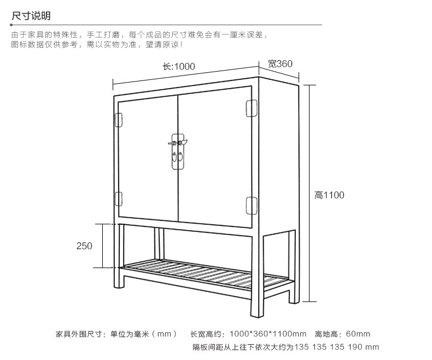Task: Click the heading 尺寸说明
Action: coord(31,15)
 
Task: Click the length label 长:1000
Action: coord(179,67)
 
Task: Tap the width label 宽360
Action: coord(280,63)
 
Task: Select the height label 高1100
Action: coord(329,195)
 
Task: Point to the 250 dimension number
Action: coord(84,246)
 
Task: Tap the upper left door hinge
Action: coord(118,118)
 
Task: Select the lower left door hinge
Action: coord(118,198)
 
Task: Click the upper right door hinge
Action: coord(252,108)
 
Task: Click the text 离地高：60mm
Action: coord(343,334)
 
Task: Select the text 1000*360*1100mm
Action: coord(268,334)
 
